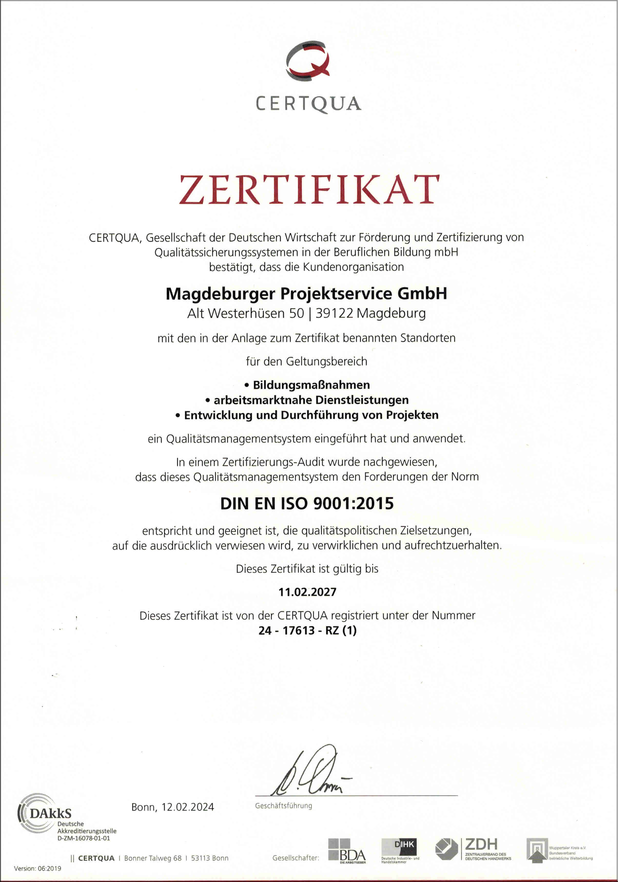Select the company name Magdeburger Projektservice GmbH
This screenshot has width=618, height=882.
[x=306, y=294]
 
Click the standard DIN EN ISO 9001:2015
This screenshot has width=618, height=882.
[x=307, y=503]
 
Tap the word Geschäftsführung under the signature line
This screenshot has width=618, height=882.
[x=284, y=806]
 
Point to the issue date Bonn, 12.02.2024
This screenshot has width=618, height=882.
[x=173, y=807]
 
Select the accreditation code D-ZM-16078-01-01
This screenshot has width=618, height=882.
[x=84, y=838]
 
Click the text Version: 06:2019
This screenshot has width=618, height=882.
[x=38, y=868]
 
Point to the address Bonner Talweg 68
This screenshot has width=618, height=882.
[x=153, y=858]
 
